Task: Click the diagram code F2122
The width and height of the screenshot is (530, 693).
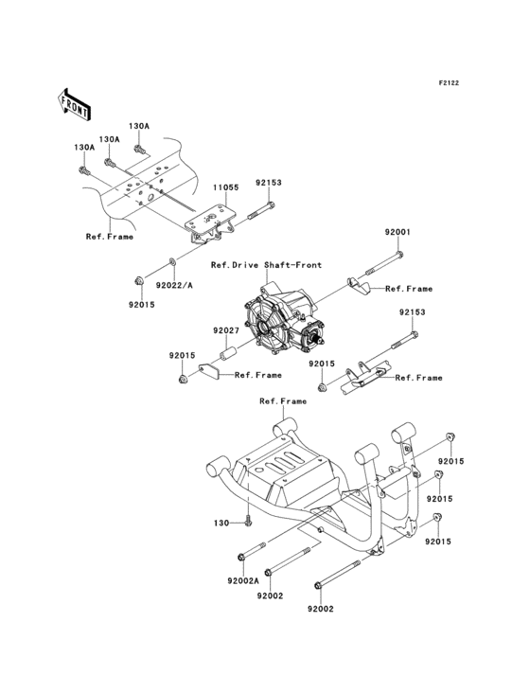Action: tap(448, 84)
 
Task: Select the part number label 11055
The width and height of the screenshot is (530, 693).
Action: tap(224, 188)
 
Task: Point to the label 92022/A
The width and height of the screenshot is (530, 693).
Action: tap(175, 284)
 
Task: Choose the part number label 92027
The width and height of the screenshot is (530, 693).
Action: tap(224, 330)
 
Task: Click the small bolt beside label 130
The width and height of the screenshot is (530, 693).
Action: tap(247, 520)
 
